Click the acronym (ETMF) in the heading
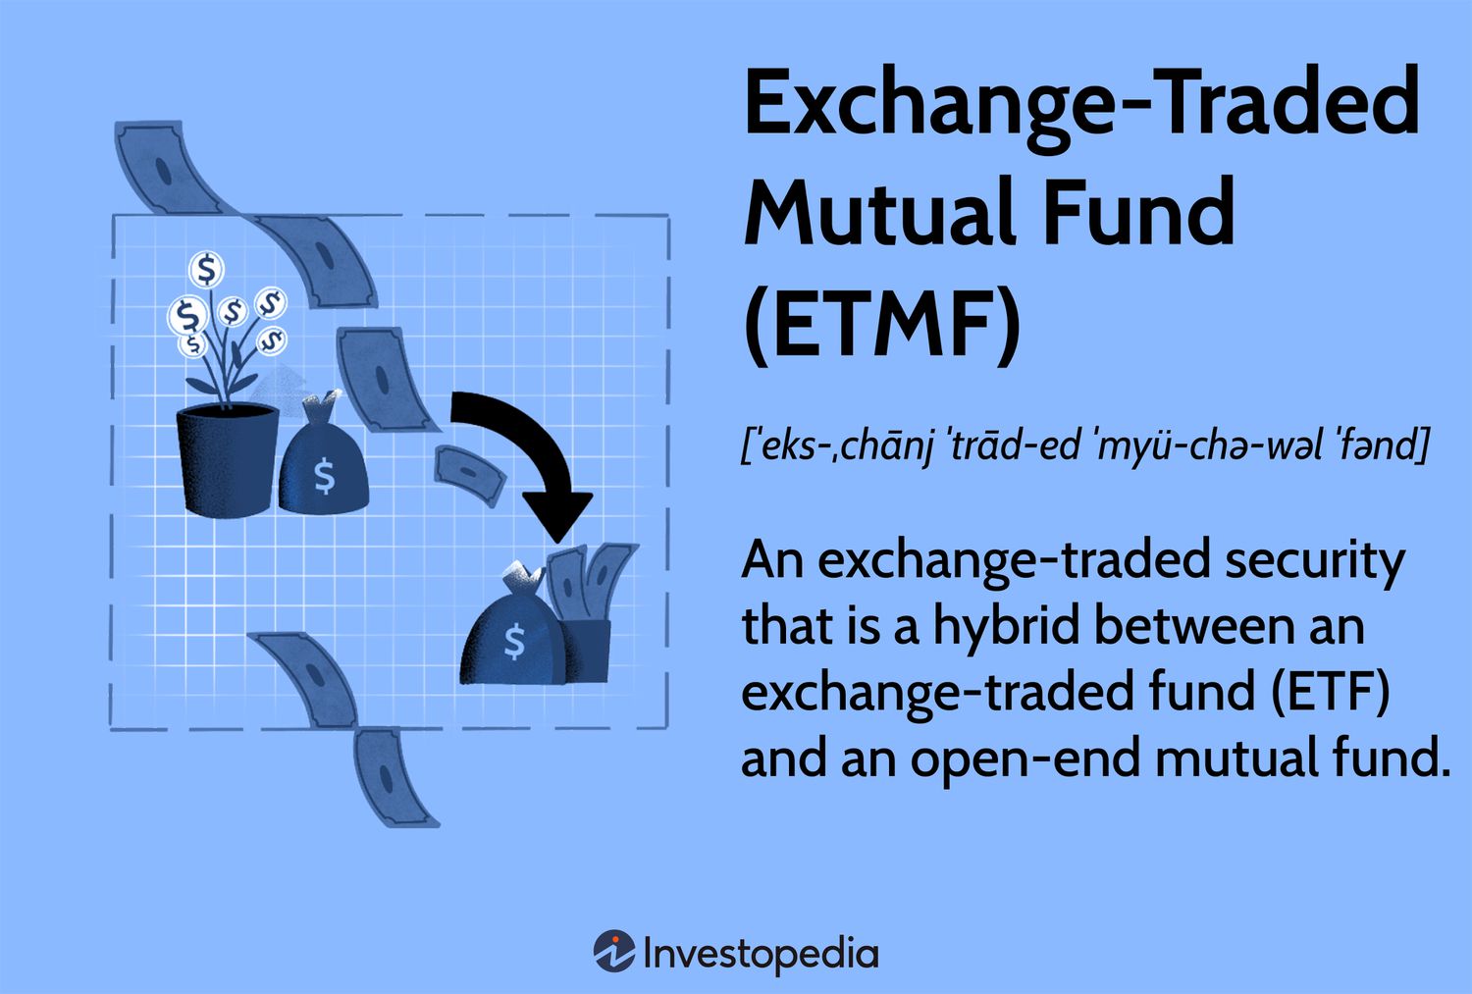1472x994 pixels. tap(882, 322)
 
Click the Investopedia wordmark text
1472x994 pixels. tap(761, 953)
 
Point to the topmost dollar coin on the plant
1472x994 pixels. tap(207, 268)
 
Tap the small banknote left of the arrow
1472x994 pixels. tap(469, 472)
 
